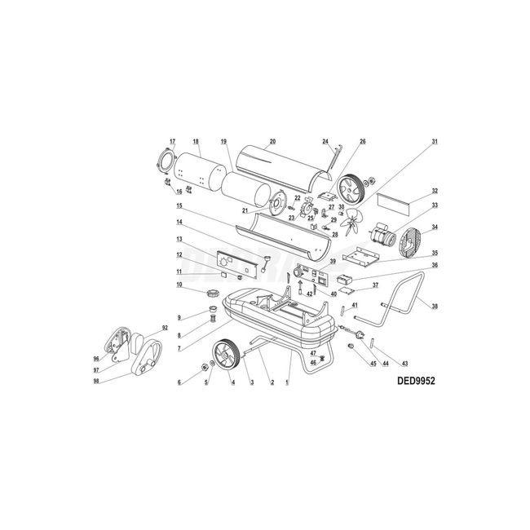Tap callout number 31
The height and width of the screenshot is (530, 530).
(x=435, y=142)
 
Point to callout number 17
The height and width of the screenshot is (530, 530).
(x=172, y=142)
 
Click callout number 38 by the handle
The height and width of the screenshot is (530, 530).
(x=435, y=307)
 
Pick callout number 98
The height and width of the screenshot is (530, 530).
(x=96, y=381)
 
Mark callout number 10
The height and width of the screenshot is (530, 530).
(x=179, y=285)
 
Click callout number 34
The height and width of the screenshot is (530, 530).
(x=435, y=227)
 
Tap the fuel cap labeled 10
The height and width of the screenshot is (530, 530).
(x=214, y=291)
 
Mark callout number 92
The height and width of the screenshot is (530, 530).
(x=165, y=328)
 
